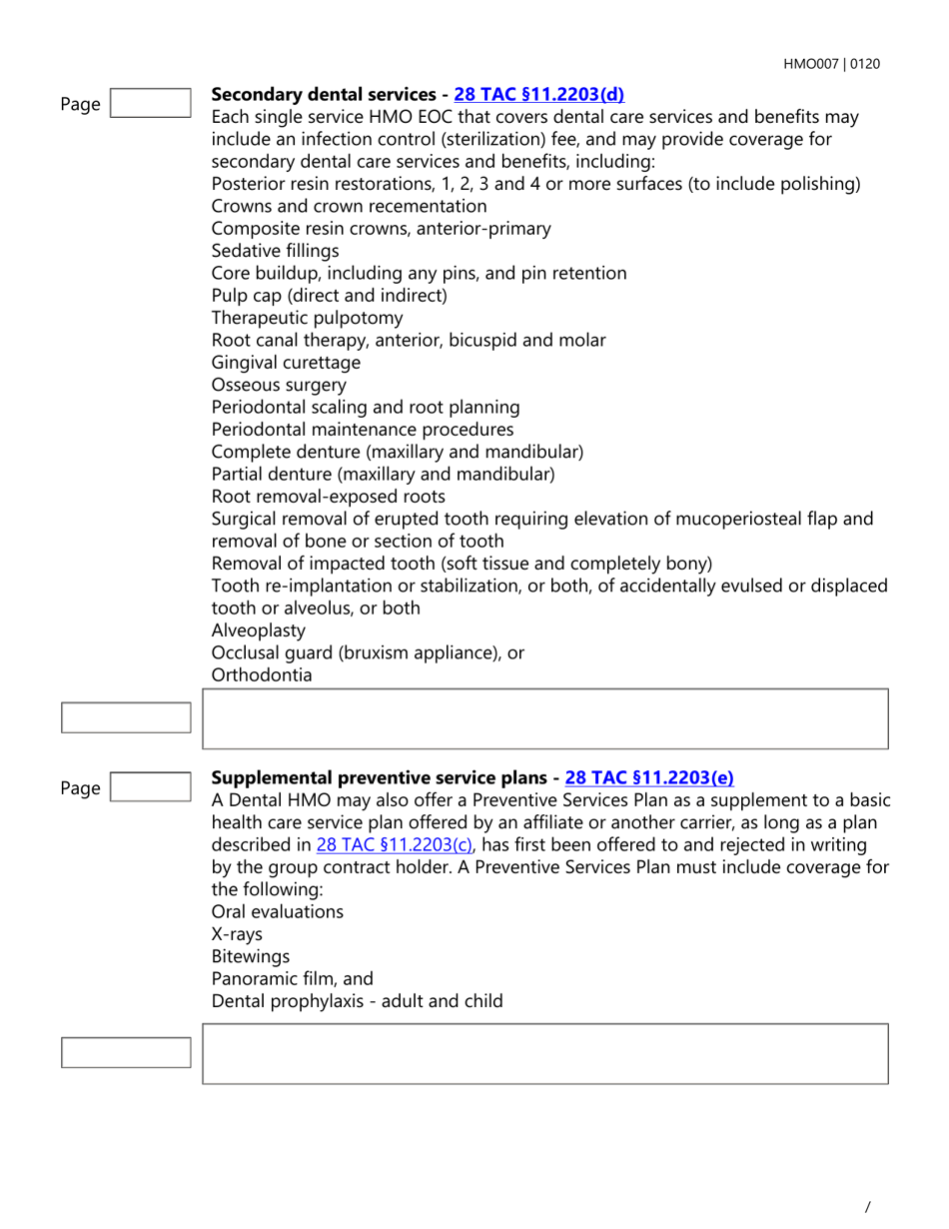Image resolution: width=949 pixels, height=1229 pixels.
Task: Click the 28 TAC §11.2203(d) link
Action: (x=538, y=95)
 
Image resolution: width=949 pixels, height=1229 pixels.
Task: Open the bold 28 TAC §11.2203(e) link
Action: (x=649, y=777)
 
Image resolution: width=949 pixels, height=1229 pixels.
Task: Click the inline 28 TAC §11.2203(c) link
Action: (x=396, y=844)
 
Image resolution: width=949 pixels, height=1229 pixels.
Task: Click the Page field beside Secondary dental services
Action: (x=149, y=103)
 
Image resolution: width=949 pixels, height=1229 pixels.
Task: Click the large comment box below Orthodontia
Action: (x=544, y=718)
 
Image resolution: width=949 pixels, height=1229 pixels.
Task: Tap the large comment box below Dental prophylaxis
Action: (x=544, y=1053)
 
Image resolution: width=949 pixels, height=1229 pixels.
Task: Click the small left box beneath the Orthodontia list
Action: (x=126, y=717)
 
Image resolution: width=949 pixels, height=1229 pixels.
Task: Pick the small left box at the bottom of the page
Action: (x=126, y=1052)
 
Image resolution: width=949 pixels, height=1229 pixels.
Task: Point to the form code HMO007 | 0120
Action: (x=831, y=64)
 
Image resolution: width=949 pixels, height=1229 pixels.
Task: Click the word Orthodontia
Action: (x=262, y=675)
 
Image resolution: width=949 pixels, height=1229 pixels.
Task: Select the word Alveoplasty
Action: (x=259, y=630)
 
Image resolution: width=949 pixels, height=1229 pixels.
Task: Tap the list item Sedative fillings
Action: (x=275, y=251)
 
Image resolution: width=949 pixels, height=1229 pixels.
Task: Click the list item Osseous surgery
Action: (x=279, y=385)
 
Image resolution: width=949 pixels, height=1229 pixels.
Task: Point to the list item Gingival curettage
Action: (x=286, y=363)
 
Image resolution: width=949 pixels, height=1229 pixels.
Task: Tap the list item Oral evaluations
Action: (x=277, y=911)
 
